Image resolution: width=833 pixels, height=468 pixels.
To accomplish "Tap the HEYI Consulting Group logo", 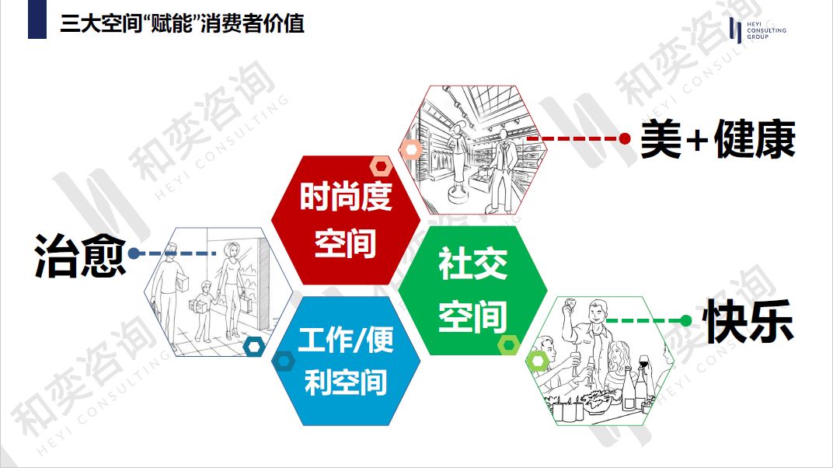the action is (757, 30).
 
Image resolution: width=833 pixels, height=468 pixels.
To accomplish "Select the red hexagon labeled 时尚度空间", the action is (345, 219).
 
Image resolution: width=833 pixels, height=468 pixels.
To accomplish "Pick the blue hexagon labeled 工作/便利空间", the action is (346, 362).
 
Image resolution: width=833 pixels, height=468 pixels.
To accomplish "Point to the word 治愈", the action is (79, 255).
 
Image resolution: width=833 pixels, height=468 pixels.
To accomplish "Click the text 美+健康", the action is (717, 140).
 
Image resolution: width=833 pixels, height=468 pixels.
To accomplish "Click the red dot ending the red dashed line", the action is (625, 138).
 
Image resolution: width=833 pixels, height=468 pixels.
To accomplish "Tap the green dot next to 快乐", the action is (685, 320).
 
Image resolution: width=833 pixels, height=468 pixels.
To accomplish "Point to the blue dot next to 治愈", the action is (134, 253).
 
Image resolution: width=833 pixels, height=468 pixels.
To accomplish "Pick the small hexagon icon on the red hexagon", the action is (381, 166).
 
